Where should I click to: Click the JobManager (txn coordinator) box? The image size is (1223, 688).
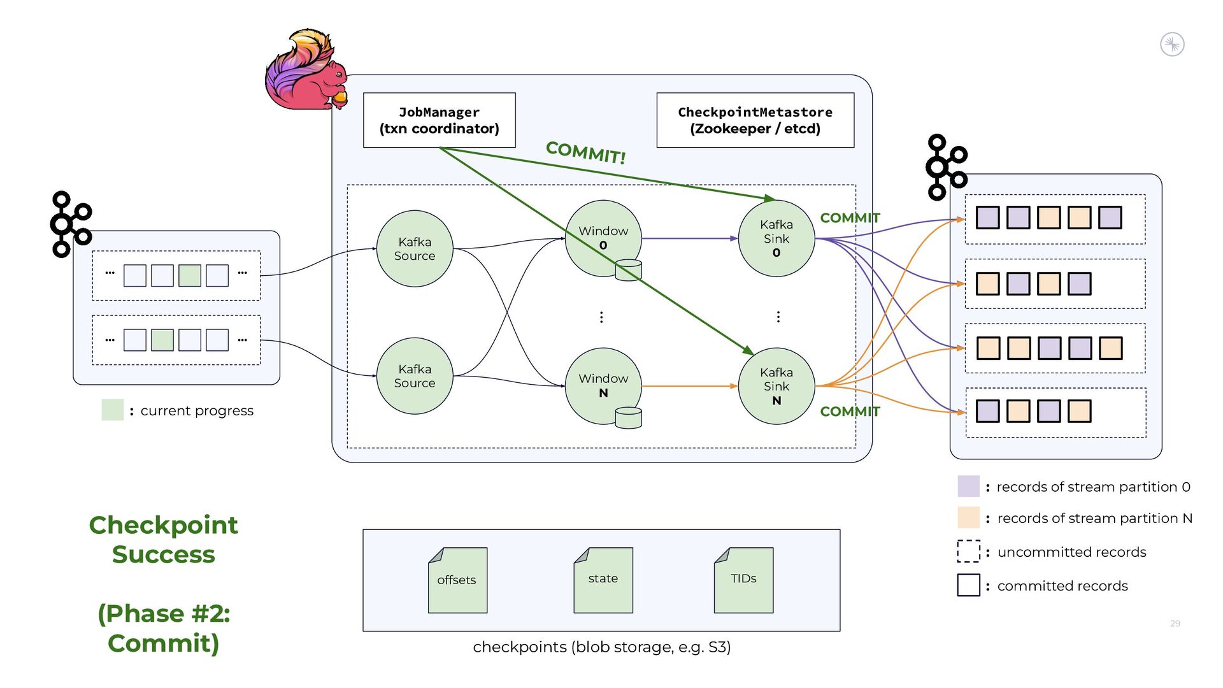click(439, 120)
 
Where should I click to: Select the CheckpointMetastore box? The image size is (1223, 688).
click(755, 120)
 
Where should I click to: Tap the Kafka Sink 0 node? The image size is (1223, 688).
click(776, 239)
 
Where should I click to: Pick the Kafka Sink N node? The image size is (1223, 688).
click(776, 386)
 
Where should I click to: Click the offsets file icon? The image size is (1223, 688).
click(457, 580)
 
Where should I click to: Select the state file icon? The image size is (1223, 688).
click(603, 580)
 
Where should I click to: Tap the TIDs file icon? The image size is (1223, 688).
click(743, 580)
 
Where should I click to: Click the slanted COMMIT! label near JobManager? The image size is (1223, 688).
click(586, 152)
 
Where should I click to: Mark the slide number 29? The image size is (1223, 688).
click(1175, 624)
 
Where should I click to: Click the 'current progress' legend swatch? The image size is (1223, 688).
click(113, 410)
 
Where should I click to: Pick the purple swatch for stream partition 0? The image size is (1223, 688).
click(968, 486)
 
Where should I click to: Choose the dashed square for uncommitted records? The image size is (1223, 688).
click(968, 552)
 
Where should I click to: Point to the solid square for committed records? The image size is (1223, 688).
click(968, 585)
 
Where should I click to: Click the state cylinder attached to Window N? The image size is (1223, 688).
click(628, 418)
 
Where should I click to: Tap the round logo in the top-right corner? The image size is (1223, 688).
click(1172, 45)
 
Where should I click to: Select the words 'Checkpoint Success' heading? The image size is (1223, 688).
click(164, 540)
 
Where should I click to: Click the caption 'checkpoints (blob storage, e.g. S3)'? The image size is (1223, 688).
click(601, 647)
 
